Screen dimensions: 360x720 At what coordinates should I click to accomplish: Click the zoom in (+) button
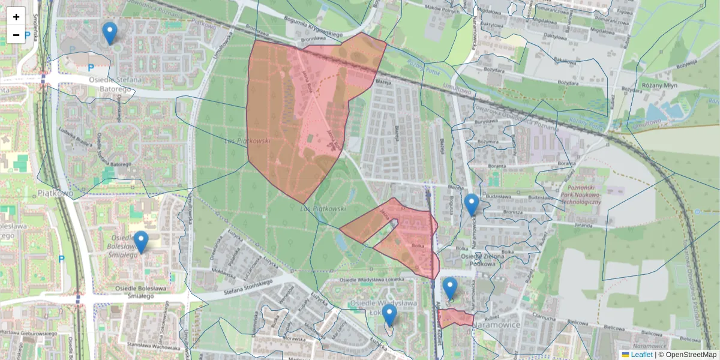coord(16,16)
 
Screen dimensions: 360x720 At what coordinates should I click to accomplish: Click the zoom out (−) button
coord(16,35)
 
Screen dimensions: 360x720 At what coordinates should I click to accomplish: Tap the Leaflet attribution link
coord(641,355)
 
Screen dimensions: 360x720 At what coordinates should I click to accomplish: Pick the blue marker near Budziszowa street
coord(472,205)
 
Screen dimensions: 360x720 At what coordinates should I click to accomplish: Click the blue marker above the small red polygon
coord(450,289)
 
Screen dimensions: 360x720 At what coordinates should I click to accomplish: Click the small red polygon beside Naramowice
coord(455,318)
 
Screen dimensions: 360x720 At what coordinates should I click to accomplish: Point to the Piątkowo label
coord(55,194)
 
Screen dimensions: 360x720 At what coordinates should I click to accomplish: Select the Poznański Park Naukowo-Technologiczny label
coord(580,194)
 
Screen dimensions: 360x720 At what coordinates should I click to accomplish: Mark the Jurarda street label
coord(583,226)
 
